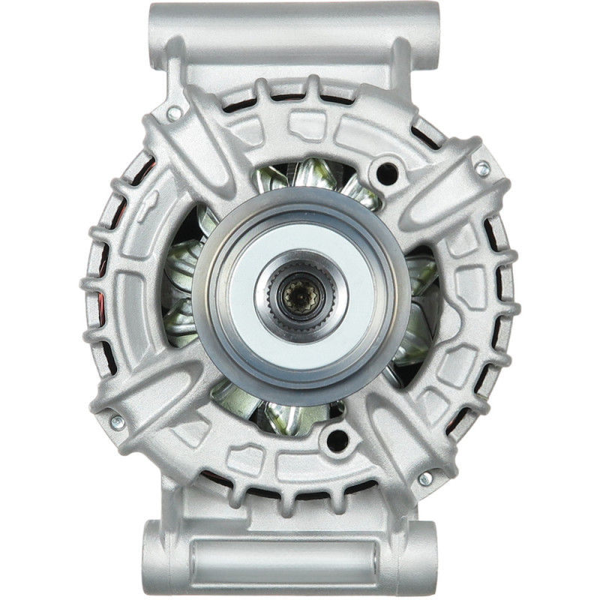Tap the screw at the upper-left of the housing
tap(174, 114)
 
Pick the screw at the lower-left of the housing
tap(117, 422)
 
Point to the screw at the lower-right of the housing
tap(425, 478)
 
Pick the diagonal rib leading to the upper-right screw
tap(442, 187)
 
